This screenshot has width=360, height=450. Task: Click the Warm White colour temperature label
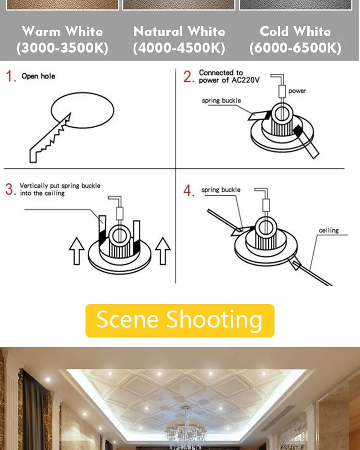click(62, 40)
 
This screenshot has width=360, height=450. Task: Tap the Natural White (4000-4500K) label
click(179, 40)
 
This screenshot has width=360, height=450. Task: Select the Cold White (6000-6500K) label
click(295, 40)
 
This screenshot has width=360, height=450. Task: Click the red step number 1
click(10, 76)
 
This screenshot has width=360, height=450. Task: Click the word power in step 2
click(297, 91)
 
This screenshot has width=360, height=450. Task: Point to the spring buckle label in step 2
click(221, 100)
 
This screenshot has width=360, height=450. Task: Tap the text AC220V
click(245, 80)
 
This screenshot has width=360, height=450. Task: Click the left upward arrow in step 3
click(76, 251)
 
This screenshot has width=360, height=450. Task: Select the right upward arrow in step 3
click(163, 251)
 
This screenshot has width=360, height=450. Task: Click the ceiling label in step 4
click(328, 230)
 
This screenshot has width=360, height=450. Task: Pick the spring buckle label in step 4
click(221, 190)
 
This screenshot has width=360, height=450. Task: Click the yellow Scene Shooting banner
click(180, 320)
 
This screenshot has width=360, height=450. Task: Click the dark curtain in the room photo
click(34, 410)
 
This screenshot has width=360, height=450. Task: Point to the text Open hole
click(38, 76)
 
